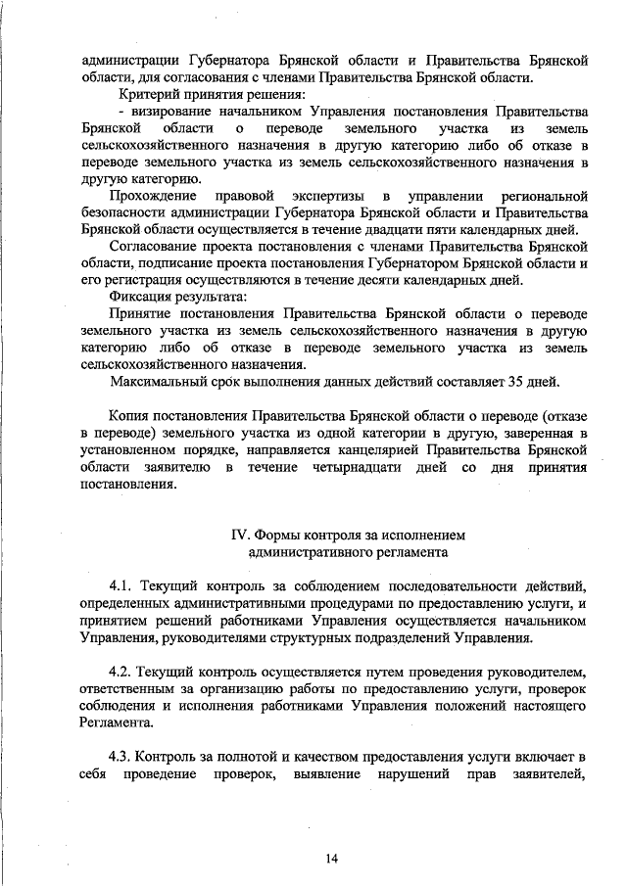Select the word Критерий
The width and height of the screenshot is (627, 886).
148,94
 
